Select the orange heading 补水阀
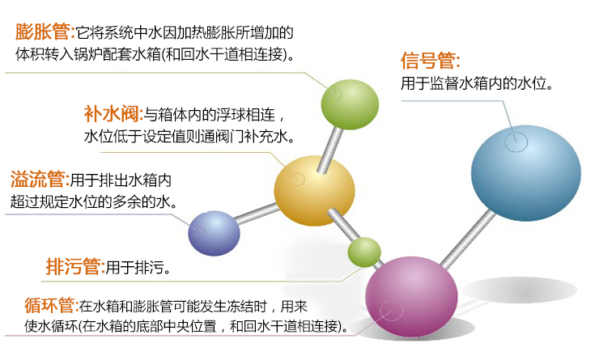[113, 112]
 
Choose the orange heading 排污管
[74, 266]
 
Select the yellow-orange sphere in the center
[314, 192]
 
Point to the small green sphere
[364, 252]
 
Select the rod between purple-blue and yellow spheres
[257, 214]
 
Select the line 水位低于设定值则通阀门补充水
[189, 136]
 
